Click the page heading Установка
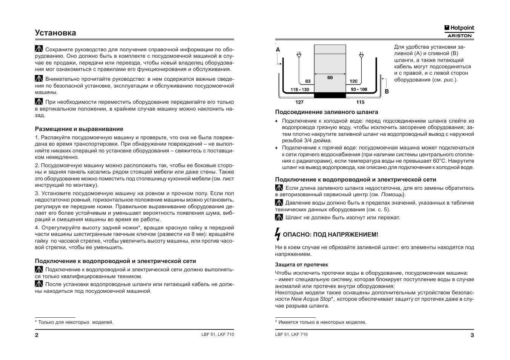[55, 33]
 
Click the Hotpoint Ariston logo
[459, 31]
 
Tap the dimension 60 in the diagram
[330, 77]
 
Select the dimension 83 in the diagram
[308, 81]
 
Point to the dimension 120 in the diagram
[353, 81]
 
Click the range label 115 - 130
[300, 89]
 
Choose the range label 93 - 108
[359, 89]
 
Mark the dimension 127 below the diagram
[299, 102]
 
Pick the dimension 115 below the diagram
[360, 102]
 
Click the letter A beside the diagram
[278, 50]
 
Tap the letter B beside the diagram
[387, 91]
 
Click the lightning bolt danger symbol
[278, 234]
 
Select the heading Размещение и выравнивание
[79, 129]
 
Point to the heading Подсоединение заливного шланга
[327, 112]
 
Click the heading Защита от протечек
[301, 265]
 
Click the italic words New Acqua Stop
[311, 299]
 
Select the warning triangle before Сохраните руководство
[39, 49]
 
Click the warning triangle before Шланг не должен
[279, 217]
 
